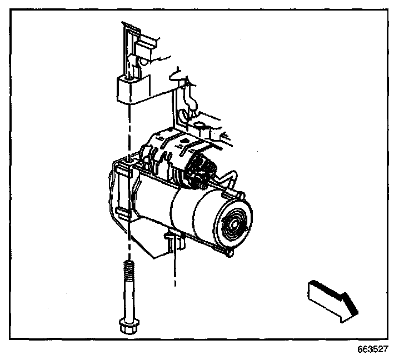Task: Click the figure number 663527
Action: pyautogui.click(x=372, y=350)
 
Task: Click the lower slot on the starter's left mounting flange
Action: pyautogui.click(x=123, y=211)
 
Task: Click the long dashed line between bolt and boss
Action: pyautogui.click(x=129, y=133)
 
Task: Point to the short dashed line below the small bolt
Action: pyautogui.click(x=175, y=269)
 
